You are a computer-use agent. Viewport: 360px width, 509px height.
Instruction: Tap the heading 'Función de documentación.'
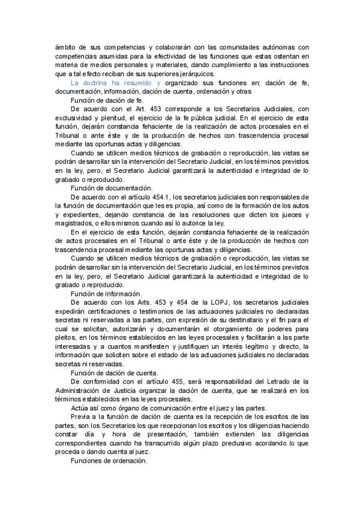112,187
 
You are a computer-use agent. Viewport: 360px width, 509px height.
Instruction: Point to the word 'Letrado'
278,381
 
